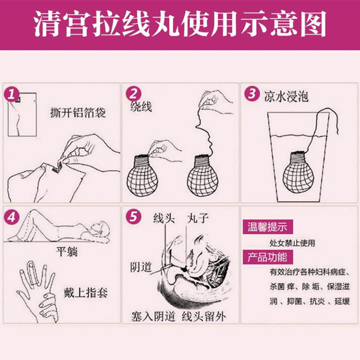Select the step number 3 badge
coord(251,94)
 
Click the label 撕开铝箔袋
coord(78,113)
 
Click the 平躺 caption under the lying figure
coord(67,252)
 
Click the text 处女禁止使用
coord(292,243)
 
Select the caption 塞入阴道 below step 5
coord(154,317)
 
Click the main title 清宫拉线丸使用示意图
coord(180,24)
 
